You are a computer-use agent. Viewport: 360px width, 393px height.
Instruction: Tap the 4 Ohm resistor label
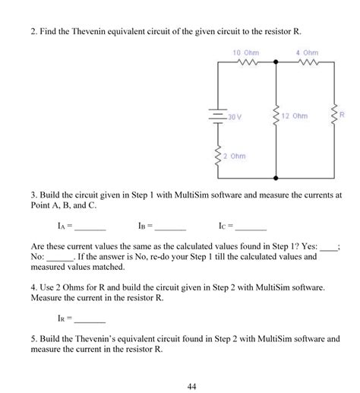(x=308, y=52)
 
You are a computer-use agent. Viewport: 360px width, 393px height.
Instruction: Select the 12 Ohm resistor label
(x=295, y=116)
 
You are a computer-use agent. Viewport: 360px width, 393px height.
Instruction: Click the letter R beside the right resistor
(x=343, y=115)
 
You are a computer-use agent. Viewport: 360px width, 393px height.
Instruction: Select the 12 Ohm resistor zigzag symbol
(x=276, y=116)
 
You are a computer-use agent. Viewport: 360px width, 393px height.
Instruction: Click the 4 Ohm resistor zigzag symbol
(x=308, y=63)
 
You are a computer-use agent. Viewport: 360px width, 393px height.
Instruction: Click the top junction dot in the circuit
(x=276, y=64)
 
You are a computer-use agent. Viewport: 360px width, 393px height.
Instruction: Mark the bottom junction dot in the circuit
(x=276, y=176)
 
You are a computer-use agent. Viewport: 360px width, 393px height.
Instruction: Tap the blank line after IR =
(x=90, y=320)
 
